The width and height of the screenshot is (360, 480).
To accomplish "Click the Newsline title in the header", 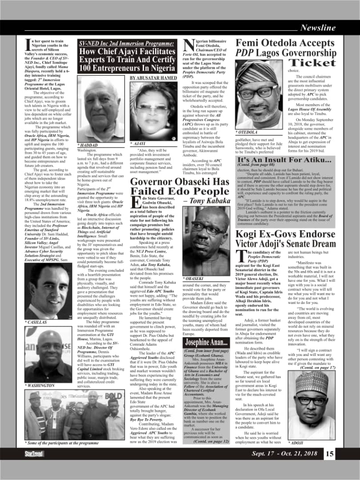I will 317,28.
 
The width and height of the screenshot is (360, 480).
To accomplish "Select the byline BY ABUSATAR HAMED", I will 153,78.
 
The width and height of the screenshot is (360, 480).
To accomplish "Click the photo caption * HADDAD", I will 87,145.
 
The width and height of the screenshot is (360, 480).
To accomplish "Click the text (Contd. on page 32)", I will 211,441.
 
